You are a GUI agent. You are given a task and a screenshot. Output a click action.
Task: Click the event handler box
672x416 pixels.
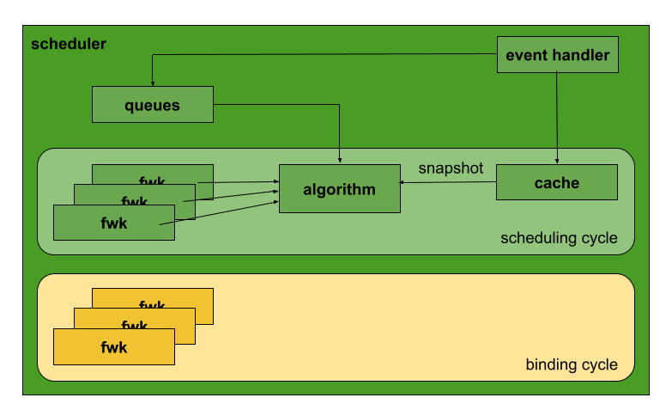(558, 56)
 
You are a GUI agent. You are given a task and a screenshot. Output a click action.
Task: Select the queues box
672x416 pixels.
(152, 106)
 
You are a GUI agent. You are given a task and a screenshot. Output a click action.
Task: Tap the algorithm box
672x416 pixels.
(339, 189)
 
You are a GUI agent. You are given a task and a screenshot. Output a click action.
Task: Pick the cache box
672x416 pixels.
(557, 182)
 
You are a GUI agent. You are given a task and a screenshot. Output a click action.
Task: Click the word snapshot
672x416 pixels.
(451, 168)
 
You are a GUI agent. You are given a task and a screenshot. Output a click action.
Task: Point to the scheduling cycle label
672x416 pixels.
(559, 238)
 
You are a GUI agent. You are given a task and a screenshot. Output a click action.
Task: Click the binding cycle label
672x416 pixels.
(572, 364)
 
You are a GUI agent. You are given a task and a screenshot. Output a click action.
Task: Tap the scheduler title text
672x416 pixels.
(69, 44)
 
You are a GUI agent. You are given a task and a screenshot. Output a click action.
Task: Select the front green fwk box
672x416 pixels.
(113, 223)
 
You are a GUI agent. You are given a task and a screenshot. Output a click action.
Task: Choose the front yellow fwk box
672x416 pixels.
(113, 347)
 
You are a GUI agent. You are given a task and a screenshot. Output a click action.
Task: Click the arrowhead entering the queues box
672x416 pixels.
(153, 83)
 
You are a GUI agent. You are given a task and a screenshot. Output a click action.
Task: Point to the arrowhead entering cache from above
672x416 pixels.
(558, 161)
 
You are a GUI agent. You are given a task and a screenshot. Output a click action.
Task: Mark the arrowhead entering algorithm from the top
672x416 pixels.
(340, 161)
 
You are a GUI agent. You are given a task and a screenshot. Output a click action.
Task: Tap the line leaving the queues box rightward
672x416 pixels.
(275, 106)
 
